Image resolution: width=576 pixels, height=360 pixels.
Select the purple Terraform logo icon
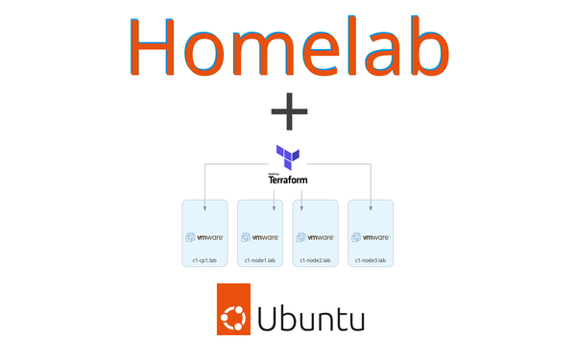point(288,157)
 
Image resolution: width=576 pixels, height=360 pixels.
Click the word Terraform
point(288,179)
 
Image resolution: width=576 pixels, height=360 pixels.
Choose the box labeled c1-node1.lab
point(260,233)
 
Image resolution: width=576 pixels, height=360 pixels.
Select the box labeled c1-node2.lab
point(316,233)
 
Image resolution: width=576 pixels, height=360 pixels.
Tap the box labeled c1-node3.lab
point(371,233)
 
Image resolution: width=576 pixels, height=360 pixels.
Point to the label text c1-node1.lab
point(260,260)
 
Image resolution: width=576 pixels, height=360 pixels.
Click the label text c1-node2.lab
point(316,260)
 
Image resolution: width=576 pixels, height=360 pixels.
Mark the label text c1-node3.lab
point(371,260)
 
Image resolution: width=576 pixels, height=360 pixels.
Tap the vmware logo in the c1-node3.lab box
point(371,236)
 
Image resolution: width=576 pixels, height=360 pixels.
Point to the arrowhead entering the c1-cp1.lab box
point(205,204)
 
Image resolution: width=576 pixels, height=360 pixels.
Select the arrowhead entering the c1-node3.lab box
point(371,204)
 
